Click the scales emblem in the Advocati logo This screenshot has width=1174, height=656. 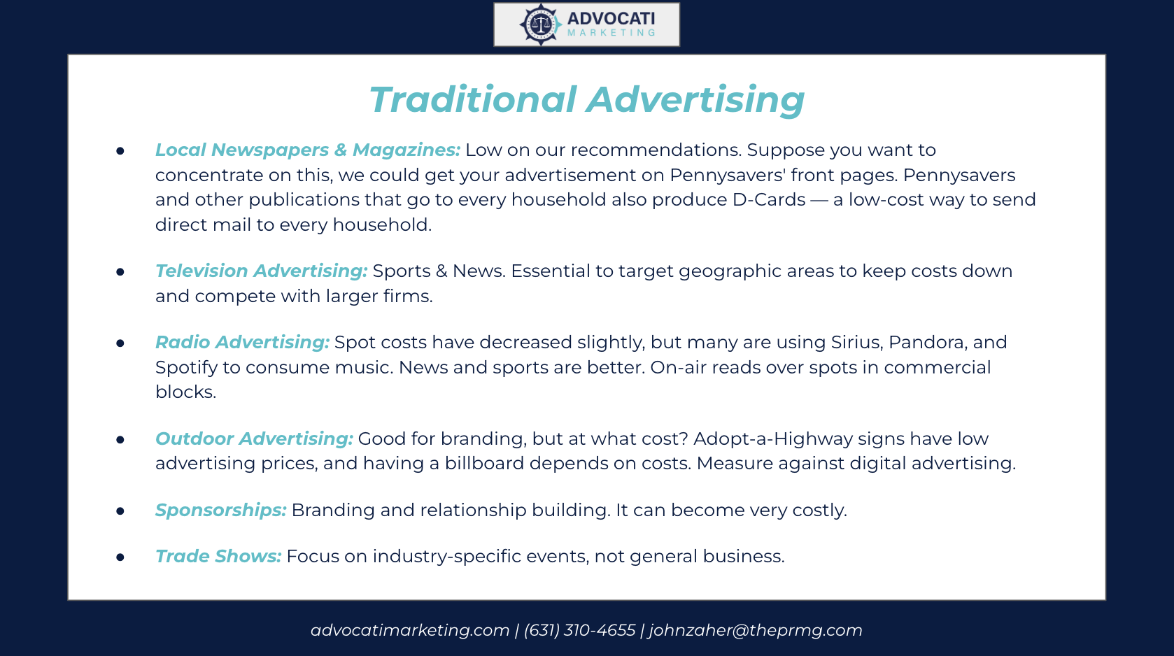pyautogui.click(x=540, y=24)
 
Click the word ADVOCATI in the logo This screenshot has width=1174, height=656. pyautogui.click(x=611, y=19)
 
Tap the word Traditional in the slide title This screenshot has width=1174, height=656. pyautogui.click(x=473, y=99)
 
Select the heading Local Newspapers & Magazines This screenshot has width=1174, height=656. pyautogui.click(x=308, y=150)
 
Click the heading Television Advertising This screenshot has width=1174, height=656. pyautogui.click(x=261, y=271)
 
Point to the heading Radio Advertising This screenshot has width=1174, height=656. pyautogui.click(x=242, y=342)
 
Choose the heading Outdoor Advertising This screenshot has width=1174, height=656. pyautogui.click(x=254, y=438)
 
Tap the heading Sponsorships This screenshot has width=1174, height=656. pyautogui.click(x=220, y=510)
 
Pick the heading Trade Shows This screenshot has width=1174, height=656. pyautogui.click(x=218, y=556)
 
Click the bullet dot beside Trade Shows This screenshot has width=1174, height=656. pyautogui.click(x=120, y=557)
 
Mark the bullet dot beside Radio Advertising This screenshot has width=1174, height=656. pyautogui.click(x=120, y=343)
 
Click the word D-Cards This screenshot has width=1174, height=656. pyautogui.click(x=769, y=199)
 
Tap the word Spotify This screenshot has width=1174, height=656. pyautogui.click(x=186, y=368)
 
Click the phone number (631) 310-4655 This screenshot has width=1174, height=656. pyautogui.click(x=579, y=630)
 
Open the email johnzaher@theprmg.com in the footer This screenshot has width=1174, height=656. pyautogui.click(x=756, y=630)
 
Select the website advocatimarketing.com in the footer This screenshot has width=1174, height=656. pyautogui.click(x=410, y=630)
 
